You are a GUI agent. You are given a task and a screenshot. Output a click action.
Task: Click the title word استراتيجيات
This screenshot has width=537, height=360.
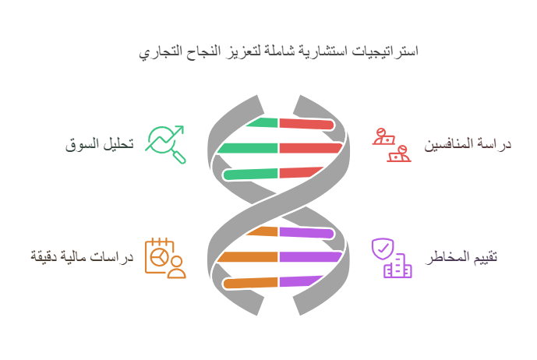click(x=385, y=51)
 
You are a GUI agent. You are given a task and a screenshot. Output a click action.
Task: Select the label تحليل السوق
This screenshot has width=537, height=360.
click(x=99, y=144)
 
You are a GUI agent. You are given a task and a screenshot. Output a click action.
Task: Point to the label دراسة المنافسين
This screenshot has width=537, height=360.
click(x=468, y=144)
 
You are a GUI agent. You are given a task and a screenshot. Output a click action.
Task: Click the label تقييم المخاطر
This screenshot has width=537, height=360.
click(x=461, y=257)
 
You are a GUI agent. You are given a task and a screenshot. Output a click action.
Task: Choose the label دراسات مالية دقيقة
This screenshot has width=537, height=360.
click(x=82, y=256)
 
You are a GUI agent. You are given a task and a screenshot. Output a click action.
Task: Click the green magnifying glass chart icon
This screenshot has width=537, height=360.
click(x=165, y=144)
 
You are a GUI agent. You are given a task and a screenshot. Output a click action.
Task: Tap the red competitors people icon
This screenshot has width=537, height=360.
click(x=392, y=145)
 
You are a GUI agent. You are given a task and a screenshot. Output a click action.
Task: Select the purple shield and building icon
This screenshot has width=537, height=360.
click(x=392, y=258)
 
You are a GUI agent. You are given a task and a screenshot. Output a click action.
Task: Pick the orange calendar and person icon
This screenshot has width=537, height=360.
click(x=165, y=258)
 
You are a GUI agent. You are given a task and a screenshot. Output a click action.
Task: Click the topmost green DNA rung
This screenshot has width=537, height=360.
click(x=263, y=122)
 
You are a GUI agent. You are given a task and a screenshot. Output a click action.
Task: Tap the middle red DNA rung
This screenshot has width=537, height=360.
click(x=311, y=148)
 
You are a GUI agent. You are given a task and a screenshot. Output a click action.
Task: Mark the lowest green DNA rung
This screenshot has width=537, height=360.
click(x=250, y=174)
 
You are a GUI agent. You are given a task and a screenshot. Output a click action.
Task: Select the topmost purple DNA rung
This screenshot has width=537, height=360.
click(x=306, y=233)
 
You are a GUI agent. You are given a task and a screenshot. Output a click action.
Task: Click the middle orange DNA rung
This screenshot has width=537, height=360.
click(x=247, y=257)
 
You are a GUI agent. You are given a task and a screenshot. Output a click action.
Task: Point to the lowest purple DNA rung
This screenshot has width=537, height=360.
click(x=301, y=281)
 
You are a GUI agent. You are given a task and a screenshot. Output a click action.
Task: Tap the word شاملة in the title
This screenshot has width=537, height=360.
click(x=277, y=51)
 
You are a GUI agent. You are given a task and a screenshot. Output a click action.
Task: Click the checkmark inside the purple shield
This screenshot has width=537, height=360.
click(x=383, y=248)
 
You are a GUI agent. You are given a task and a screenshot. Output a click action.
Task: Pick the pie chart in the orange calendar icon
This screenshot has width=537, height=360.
click(x=159, y=256)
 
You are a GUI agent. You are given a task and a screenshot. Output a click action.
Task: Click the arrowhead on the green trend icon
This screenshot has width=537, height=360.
click(x=180, y=129)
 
